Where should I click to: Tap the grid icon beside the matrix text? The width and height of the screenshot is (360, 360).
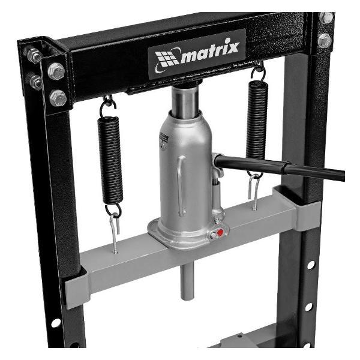pos(166,59)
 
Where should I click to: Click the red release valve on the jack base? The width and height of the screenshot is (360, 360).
pos(220,232)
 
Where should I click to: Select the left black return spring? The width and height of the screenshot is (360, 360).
pos(110,160)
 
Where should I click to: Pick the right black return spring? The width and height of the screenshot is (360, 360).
pos(257,121)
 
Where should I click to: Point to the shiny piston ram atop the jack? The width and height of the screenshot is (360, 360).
pos(185,101)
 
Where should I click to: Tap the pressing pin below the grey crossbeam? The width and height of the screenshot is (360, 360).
pos(187,281)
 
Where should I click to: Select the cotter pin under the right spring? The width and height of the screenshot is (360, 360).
pos(254,192)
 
